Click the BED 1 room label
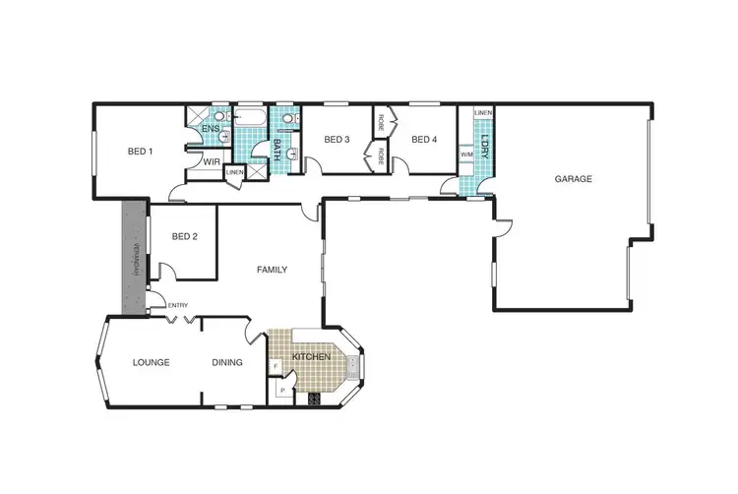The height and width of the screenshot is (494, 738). tap(141, 152)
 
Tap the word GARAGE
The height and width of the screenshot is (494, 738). tap(573, 179)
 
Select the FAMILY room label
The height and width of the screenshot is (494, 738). tap(272, 269)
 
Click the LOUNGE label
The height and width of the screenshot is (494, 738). tap(151, 362)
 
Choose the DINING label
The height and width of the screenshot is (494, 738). tap(227, 362)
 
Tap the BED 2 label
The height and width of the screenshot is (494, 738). tap(185, 236)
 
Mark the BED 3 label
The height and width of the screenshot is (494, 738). tap(338, 140)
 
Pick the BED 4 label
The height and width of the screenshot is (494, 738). tap(423, 140)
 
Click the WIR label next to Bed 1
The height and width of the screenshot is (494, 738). tap(211, 161)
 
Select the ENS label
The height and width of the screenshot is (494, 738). tap(210, 129)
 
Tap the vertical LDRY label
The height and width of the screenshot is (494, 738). tap(483, 151)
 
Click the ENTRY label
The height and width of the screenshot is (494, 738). tap(178, 305)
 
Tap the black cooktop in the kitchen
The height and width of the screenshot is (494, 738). tap(315, 399)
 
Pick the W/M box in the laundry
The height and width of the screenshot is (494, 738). tap(465, 154)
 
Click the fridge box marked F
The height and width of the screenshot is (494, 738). tap(276, 368)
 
